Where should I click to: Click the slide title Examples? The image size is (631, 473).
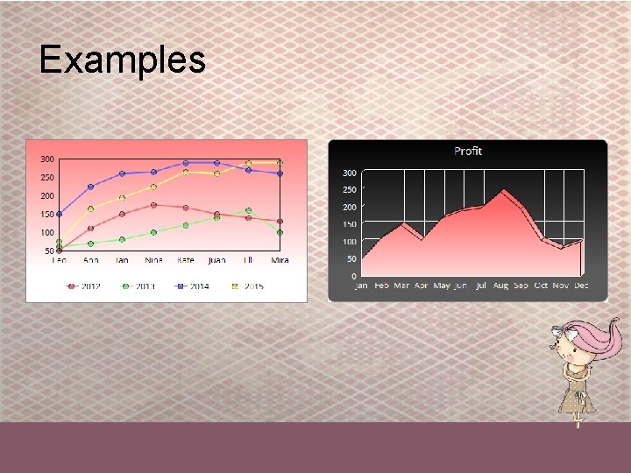point(123,60)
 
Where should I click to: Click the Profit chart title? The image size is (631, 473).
point(468,151)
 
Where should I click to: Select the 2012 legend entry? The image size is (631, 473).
point(84,286)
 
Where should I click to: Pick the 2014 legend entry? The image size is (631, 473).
point(193,286)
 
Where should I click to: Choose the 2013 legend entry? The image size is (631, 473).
point(138,286)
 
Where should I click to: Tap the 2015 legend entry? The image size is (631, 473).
point(247,286)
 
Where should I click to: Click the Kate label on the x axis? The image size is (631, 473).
point(186,260)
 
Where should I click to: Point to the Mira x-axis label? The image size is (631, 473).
point(280,260)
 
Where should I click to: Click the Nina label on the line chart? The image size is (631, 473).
point(154,260)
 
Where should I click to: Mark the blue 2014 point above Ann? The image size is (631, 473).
point(90,187)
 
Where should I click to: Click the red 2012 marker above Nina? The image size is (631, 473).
point(153,205)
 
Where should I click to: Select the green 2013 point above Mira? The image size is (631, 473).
point(280,232)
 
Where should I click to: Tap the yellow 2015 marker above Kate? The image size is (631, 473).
point(185,172)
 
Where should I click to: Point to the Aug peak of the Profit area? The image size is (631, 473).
point(503,190)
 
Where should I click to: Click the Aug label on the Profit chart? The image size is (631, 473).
point(501,286)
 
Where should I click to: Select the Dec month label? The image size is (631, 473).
point(581,286)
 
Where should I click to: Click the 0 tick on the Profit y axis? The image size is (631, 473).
point(353,276)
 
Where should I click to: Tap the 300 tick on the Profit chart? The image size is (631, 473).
point(349,173)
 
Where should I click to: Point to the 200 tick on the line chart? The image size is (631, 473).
point(47,195)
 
